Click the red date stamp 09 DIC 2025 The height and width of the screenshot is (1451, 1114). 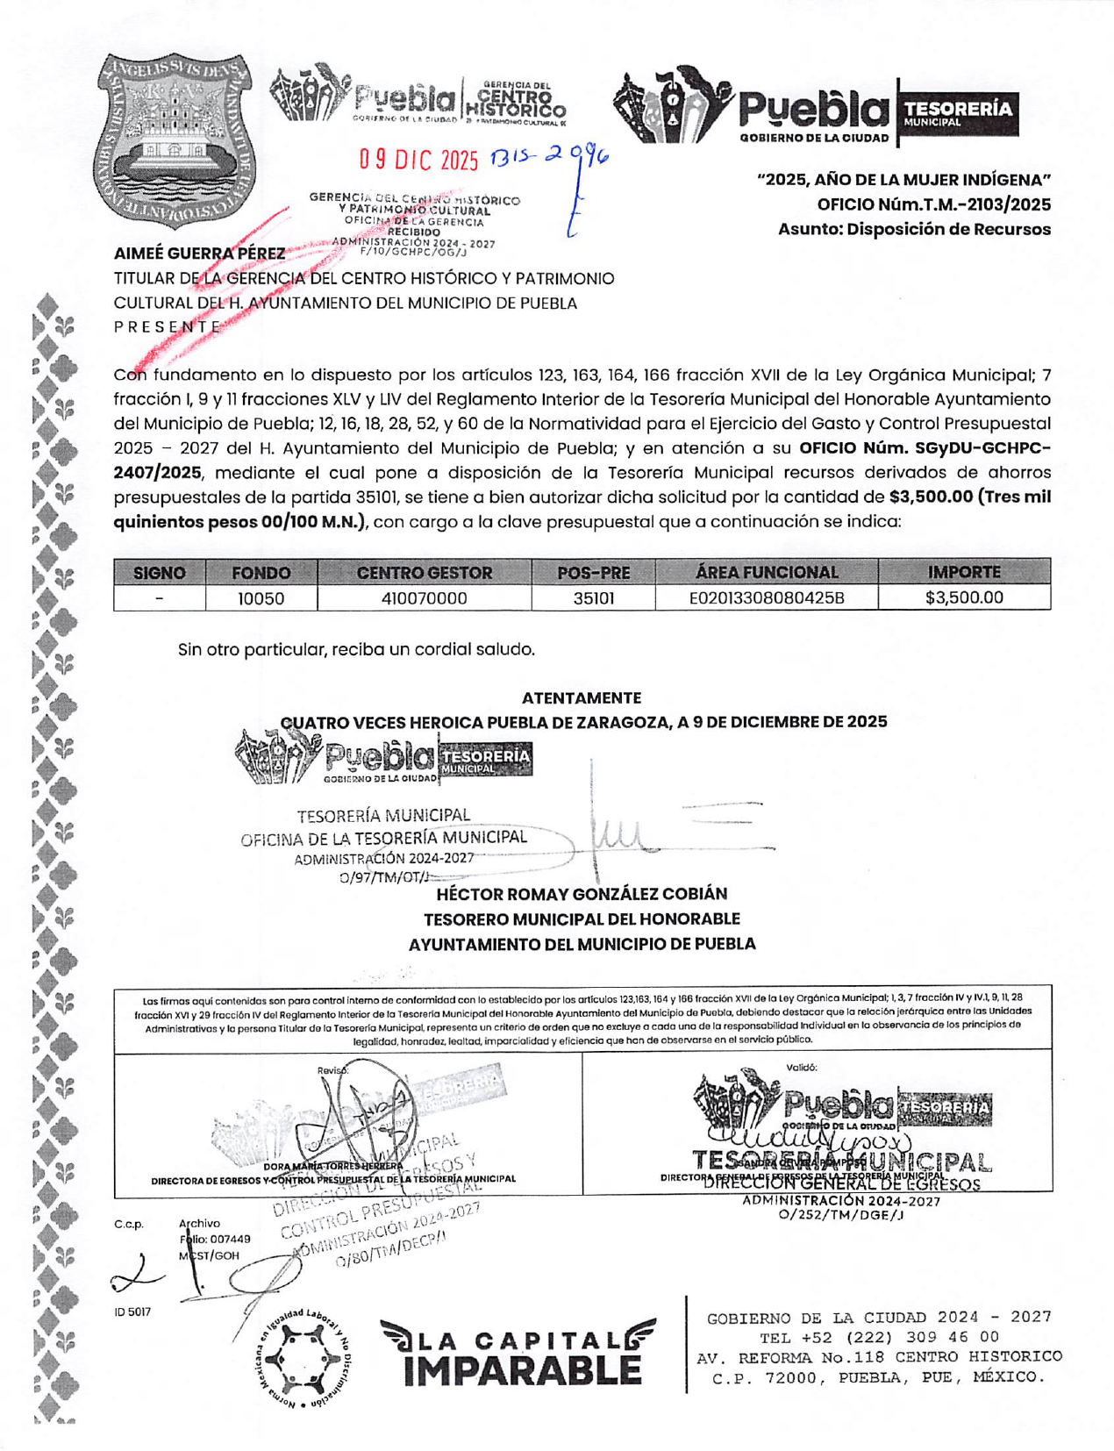click(x=418, y=160)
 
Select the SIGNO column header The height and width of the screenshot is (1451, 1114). click(x=159, y=573)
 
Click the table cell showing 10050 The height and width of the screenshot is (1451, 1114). click(x=261, y=599)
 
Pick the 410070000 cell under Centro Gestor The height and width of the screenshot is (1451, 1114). click(x=424, y=599)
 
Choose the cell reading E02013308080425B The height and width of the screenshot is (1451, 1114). click(x=766, y=599)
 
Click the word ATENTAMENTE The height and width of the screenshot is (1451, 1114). click(x=581, y=698)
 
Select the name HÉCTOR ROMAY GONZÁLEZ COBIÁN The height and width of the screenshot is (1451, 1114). click(x=582, y=894)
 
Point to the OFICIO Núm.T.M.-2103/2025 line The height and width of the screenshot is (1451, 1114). click(x=933, y=205)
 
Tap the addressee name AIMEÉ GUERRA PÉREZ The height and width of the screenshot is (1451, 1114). click(x=199, y=254)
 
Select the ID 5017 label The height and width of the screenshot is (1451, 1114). click(x=132, y=1312)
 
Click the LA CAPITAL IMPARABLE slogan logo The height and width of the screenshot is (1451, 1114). click(x=518, y=1354)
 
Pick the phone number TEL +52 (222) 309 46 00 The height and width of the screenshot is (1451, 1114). click(x=879, y=1338)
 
